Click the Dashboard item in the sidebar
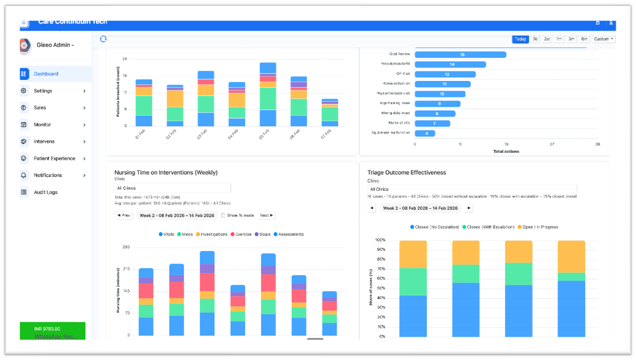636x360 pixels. (x=46, y=74)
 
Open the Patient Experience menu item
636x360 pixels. (x=54, y=158)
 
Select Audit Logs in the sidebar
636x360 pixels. (x=45, y=192)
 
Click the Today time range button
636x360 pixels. (x=520, y=39)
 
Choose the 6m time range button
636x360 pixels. (x=584, y=39)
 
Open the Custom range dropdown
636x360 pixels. (x=603, y=39)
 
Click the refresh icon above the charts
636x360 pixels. (x=103, y=39)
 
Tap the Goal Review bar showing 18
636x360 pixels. (x=460, y=54)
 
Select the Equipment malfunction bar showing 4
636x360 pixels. (x=425, y=133)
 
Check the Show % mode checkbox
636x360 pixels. (x=223, y=215)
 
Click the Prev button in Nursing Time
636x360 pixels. (x=124, y=215)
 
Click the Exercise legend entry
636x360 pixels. (x=242, y=234)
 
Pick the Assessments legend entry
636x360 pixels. (x=288, y=234)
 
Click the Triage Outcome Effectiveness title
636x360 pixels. (x=407, y=172)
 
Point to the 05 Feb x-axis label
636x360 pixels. (x=265, y=135)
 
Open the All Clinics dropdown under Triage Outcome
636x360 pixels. (x=472, y=189)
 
